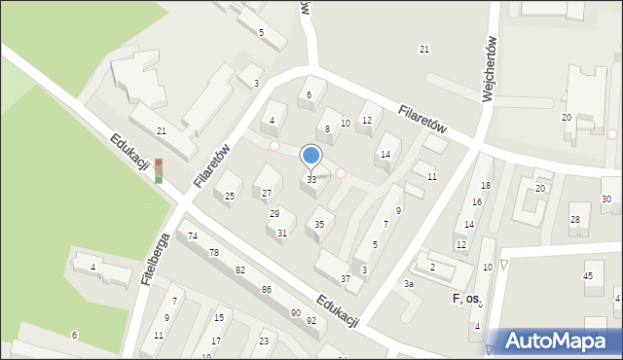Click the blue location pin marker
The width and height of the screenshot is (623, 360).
(x=311, y=156)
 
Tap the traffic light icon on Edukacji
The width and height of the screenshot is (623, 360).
(x=158, y=171)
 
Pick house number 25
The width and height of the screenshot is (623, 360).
(x=230, y=197)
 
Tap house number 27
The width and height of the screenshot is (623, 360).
(x=267, y=193)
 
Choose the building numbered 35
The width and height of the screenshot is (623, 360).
(x=318, y=225)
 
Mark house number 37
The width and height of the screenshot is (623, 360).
(x=345, y=279)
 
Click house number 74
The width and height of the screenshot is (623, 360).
(x=193, y=236)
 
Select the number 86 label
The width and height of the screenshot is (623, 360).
(x=266, y=290)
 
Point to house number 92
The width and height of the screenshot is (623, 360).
(x=311, y=320)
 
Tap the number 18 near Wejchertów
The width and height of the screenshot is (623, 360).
(x=485, y=186)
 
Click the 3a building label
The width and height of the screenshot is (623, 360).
(x=410, y=283)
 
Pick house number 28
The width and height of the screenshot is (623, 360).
(x=574, y=220)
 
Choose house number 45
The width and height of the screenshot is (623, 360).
(x=587, y=276)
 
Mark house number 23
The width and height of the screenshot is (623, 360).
(x=263, y=341)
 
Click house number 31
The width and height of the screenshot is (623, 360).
(x=281, y=233)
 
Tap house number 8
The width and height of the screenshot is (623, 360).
(x=327, y=128)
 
